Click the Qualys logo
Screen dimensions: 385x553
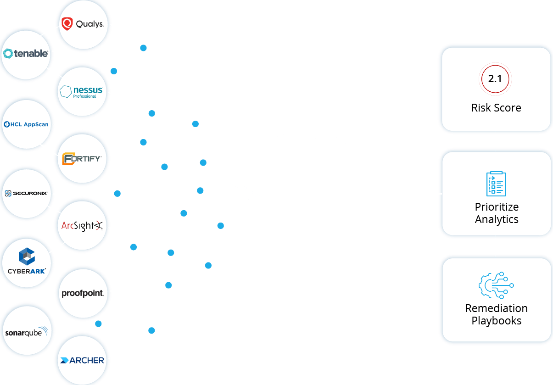83,24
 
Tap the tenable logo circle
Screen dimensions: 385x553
26,54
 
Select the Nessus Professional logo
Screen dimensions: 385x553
81,91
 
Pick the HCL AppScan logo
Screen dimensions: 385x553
26,124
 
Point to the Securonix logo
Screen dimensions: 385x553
26,194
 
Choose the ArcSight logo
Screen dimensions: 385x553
82,226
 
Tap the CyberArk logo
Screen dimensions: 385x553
27,262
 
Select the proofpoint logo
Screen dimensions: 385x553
83,293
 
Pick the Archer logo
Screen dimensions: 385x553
82,360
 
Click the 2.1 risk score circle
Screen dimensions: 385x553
495,79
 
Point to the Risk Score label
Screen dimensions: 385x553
496,108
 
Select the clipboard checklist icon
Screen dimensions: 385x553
496,184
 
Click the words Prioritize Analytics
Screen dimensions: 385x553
497,213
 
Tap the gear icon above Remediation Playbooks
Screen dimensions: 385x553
496,285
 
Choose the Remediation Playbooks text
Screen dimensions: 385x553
497,314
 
